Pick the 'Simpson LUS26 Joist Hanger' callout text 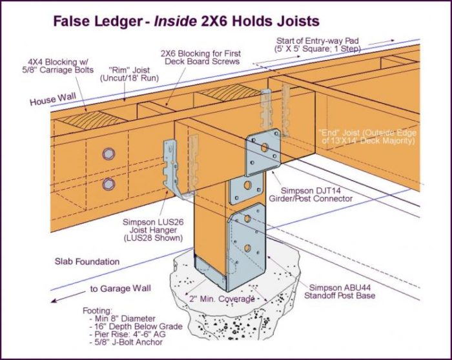pos(150,229)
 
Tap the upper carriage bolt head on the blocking pos(107,154)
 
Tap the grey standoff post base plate pos(249,248)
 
